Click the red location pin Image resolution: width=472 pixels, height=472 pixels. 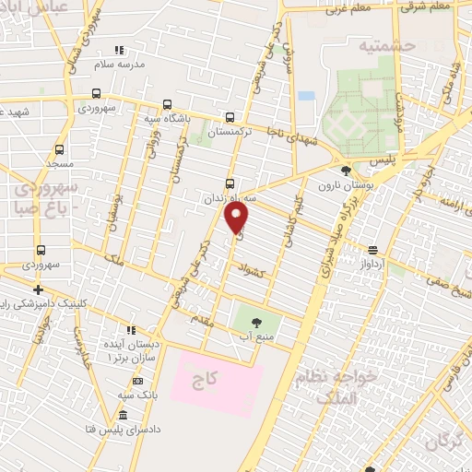(237, 217)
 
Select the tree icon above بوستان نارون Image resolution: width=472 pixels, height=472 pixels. (346, 171)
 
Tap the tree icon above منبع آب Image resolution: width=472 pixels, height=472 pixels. (255, 323)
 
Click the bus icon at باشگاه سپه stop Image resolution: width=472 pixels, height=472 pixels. (167, 104)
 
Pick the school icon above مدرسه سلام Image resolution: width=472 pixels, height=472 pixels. (117, 50)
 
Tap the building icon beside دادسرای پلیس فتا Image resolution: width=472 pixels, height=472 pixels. (124, 416)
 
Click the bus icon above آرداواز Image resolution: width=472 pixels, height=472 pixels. (372, 249)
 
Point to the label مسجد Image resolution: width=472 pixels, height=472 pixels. (60, 163)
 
